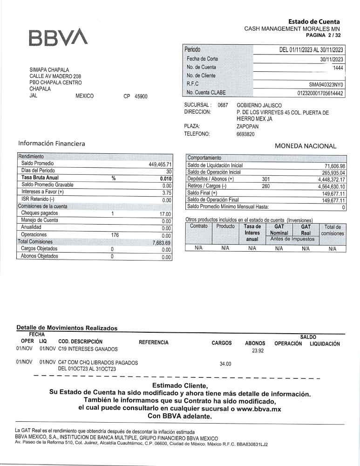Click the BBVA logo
point(58,38)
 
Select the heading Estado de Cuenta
point(313,21)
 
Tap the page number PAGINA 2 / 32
point(323,35)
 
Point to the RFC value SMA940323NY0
point(326,84)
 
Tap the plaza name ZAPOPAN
point(248,126)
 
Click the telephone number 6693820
point(246,134)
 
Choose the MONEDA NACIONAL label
point(305,146)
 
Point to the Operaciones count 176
point(115,235)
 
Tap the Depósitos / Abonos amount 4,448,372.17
point(331,179)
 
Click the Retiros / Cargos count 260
point(266,186)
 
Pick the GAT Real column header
point(306,229)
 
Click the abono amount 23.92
point(258,350)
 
